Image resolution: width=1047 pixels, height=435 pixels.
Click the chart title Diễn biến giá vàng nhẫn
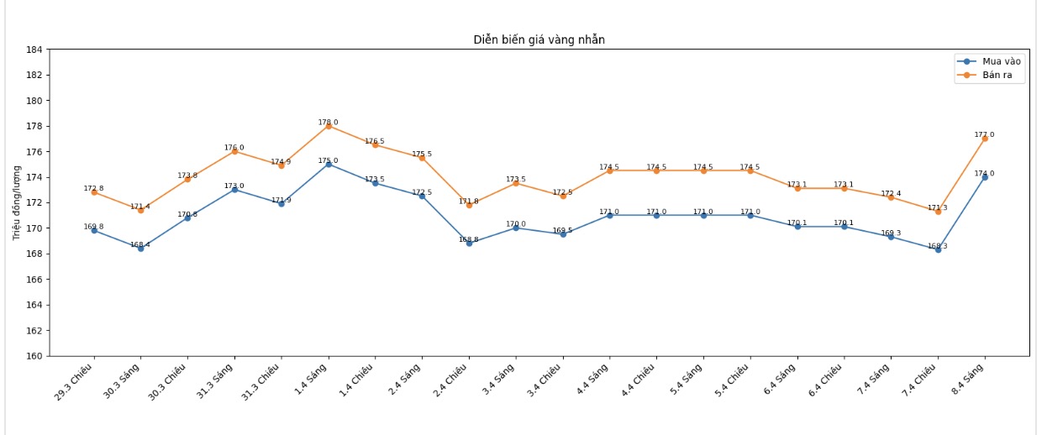539,39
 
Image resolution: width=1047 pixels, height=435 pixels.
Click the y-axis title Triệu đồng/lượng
17,202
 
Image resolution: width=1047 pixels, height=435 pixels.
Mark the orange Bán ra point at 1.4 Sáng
329,126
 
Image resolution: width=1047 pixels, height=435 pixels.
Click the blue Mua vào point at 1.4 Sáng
329,165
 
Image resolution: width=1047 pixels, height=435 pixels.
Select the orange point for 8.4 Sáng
985,139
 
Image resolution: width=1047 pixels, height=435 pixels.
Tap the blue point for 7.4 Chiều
938,249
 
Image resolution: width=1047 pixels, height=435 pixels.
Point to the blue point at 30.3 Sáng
140,248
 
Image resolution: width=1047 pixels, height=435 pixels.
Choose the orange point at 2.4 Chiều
469,204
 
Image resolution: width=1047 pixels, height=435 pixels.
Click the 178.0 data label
329,123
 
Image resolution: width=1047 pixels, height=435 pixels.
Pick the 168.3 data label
938,246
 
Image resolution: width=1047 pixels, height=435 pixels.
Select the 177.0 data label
985,134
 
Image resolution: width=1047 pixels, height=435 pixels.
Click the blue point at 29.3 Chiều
94,230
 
